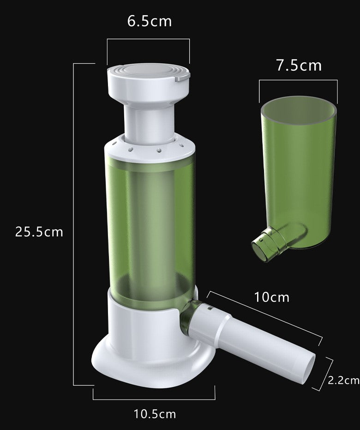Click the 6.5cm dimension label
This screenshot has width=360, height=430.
pyautogui.click(x=150, y=21)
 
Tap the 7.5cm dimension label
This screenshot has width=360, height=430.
pyautogui.click(x=299, y=66)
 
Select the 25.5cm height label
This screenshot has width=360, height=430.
pyautogui.click(x=39, y=232)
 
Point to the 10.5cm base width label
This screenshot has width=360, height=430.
pyautogui.click(x=155, y=414)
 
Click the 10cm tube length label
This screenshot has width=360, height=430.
pyautogui.click(x=272, y=297)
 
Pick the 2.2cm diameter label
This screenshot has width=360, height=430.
pyautogui.click(x=343, y=381)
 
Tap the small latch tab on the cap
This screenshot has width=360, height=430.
pyautogui.click(x=182, y=76)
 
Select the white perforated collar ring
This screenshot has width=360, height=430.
pyautogui.click(x=150, y=150)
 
